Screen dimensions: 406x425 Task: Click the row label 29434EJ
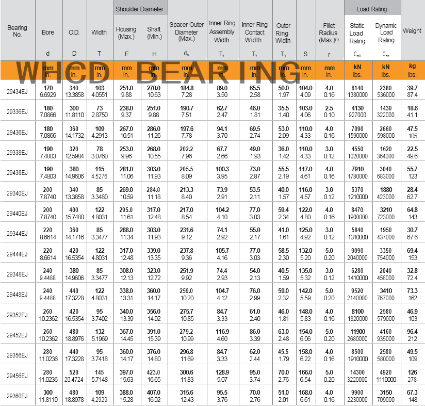(18, 91)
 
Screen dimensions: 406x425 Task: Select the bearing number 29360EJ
(18, 395)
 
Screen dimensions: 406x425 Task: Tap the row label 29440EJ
(18, 213)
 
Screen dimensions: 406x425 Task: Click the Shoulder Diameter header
(140, 9)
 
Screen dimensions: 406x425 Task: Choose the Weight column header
(412, 31)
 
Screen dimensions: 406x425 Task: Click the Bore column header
(48, 33)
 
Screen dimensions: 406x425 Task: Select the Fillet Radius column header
(329, 33)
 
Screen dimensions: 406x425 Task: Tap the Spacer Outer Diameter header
(187, 32)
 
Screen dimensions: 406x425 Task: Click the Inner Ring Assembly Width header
(222, 32)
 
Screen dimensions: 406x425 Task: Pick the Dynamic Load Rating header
(386, 33)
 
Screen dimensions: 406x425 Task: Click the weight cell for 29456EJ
(412, 375)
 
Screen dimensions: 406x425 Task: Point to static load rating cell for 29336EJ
(357, 111)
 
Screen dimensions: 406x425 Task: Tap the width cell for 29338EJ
(99, 152)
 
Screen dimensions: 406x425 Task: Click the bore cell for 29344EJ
(47, 233)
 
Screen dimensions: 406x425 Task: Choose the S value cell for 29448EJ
(306, 294)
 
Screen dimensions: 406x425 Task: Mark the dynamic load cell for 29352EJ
(386, 314)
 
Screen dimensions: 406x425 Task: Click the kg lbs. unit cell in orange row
(412, 71)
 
